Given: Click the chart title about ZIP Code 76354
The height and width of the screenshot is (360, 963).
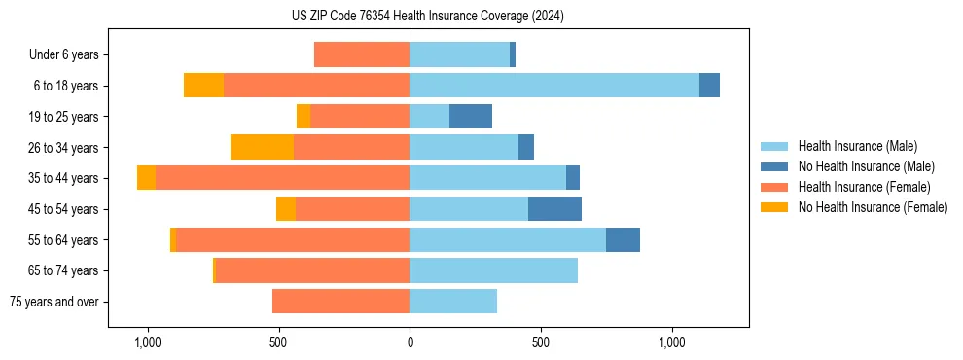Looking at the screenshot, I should (x=427, y=16).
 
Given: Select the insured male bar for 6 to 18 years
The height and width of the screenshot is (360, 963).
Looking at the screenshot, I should (x=554, y=86).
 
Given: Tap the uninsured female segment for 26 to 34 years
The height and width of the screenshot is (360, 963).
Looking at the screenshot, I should (x=262, y=147).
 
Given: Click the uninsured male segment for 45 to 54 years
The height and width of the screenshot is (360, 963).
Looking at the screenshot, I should (x=554, y=209).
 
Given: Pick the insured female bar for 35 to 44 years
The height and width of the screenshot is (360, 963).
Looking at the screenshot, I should (x=282, y=178).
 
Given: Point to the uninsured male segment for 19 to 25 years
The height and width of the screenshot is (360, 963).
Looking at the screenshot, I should (x=471, y=117).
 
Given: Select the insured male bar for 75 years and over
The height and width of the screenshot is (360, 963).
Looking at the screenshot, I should (x=453, y=302).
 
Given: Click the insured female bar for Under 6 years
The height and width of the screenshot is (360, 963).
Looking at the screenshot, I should (x=362, y=54).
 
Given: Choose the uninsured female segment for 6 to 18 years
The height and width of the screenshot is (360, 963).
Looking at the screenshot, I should (x=203, y=86).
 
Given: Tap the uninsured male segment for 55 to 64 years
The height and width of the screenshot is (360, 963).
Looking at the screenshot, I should (x=623, y=240).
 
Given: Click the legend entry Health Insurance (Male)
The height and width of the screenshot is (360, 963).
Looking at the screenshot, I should (x=857, y=146).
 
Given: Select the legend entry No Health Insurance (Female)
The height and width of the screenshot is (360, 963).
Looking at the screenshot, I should (x=873, y=207).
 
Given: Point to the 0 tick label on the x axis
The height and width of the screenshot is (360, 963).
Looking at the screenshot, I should (x=410, y=343).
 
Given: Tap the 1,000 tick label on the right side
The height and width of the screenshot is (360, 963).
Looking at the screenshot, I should (x=672, y=343).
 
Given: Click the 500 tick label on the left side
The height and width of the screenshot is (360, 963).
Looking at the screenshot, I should (x=278, y=343).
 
